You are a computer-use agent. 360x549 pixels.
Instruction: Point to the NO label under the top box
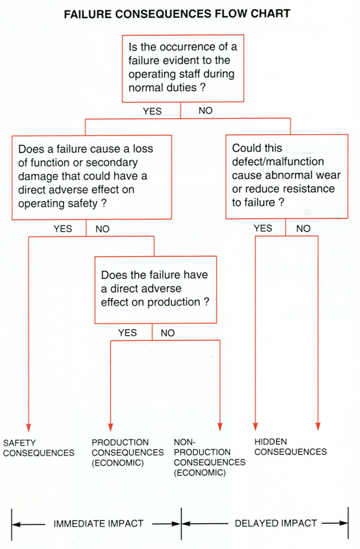click(x=205, y=111)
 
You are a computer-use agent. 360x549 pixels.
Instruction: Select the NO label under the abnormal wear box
click(x=303, y=229)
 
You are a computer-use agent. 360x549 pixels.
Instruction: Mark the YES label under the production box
click(x=127, y=333)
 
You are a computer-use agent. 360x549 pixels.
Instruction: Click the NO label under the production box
click(x=168, y=333)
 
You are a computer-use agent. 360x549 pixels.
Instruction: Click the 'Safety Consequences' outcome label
click(x=39, y=447)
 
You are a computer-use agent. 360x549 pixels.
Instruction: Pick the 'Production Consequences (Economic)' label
click(x=127, y=452)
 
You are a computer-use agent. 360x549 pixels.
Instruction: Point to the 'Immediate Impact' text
click(x=98, y=524)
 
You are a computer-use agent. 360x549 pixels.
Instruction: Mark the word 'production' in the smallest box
click(x=177, y=302)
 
